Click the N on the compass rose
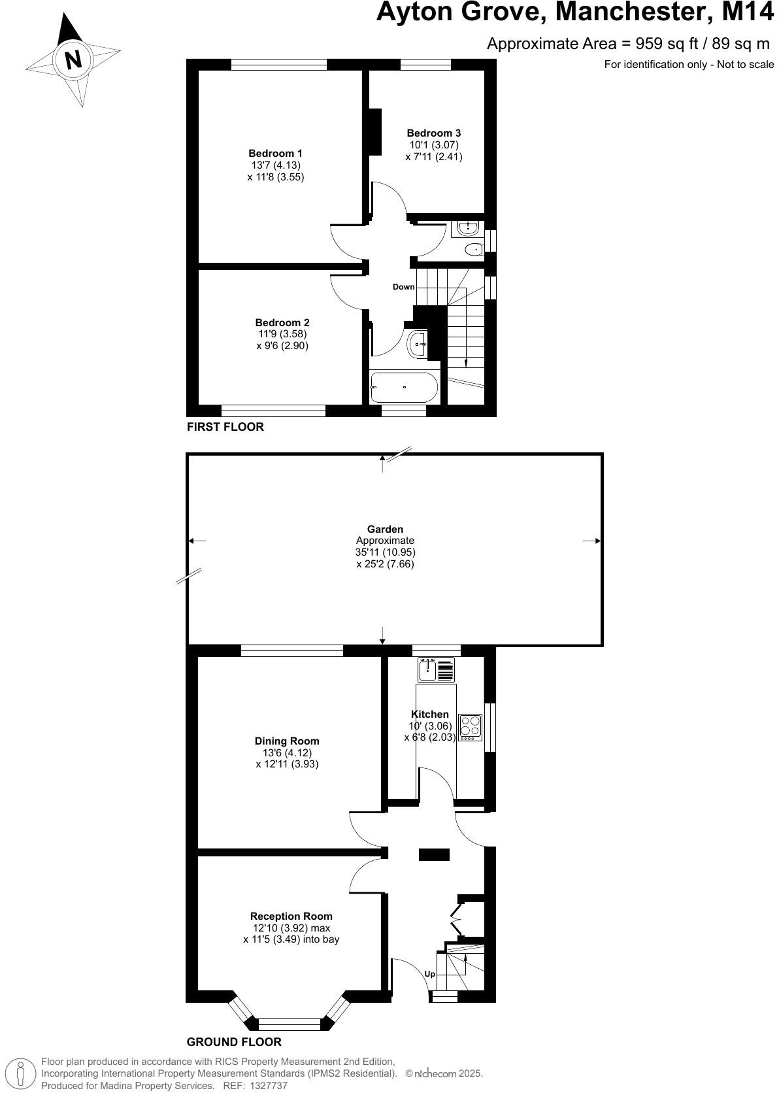click(x=73, y=59)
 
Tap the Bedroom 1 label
click(x=275, y=154)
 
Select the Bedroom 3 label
click(x=433, y=133)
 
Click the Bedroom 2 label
click(x=282, y=322)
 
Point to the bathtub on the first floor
click(x=404, y=387)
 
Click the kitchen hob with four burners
click(x=470, y=727)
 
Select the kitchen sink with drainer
click(x=436, y=670)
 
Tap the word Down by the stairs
click(x=403, y=287)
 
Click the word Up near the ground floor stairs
click(x=429, y=974)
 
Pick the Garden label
click(x=385, y=529)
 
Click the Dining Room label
click(x=287, y=741)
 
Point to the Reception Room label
click(x=291, y=916)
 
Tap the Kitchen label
click(x=430, y=714)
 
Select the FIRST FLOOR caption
click(x=225, y=427)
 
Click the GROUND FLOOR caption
click(x=234, y=1042)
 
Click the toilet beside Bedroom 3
click(x=472, y=248)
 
